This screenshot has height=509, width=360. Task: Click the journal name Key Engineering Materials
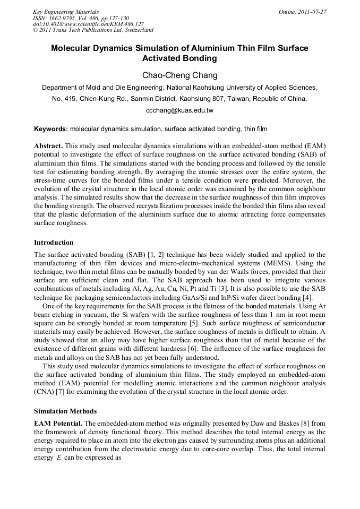tap(66, 12)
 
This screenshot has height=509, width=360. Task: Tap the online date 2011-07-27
tap(310, 12)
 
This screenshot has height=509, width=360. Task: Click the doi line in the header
tap(88, 24)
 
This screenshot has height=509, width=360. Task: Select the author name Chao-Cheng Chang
tap(179, 75)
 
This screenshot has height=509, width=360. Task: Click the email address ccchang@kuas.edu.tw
tap(179, 110)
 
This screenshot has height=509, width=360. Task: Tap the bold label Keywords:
tap(51, 129)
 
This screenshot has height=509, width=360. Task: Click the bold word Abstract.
tap(48, 145)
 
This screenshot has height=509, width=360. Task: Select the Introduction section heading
tap(54, 243)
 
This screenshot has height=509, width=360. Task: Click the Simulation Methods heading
tap(65, 411)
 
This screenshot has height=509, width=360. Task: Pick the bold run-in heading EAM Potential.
tap(58, 423)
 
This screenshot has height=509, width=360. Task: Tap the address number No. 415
tap(63, 99)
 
